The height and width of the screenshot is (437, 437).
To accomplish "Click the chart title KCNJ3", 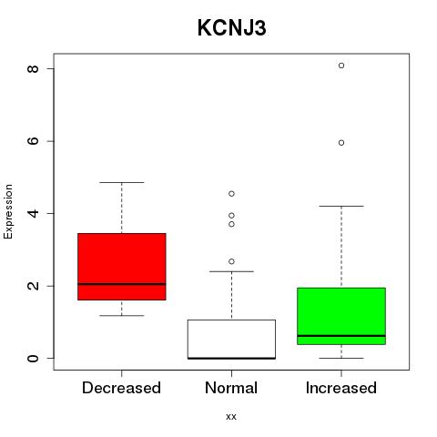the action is (232, 28).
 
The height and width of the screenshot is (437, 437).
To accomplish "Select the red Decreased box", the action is (122, 267).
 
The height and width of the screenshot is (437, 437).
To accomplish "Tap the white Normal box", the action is (231, 340).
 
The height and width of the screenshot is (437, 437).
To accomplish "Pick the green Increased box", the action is (341, 316).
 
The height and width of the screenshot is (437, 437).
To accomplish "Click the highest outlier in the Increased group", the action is (341, 66).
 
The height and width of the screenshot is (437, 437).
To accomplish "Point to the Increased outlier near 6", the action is (341, 143).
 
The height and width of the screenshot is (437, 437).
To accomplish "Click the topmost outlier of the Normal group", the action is (231, 194).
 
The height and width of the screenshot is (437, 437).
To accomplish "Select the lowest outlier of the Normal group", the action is (231, 261).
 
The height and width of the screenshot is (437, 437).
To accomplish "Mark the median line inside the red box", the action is (122, 284).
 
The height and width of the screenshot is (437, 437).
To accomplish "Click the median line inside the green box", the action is (341, 336).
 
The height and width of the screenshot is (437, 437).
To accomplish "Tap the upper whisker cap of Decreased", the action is (122, 182).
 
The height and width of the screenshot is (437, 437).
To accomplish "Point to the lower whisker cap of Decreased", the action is (122, 316).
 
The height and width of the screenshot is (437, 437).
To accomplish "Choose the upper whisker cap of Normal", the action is (231, 271).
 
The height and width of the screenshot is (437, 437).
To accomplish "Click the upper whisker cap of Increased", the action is (341, 206).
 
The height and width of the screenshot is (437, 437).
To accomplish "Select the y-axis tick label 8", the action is (33, 68).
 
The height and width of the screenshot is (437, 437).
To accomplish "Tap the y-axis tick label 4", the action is (33, 213).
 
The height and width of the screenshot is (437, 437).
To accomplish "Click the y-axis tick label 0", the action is (33, 359).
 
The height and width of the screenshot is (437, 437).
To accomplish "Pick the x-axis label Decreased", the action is (121, 388).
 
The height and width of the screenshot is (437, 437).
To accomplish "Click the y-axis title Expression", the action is (8, 212).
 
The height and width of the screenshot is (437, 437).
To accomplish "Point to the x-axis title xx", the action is (231, 417).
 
